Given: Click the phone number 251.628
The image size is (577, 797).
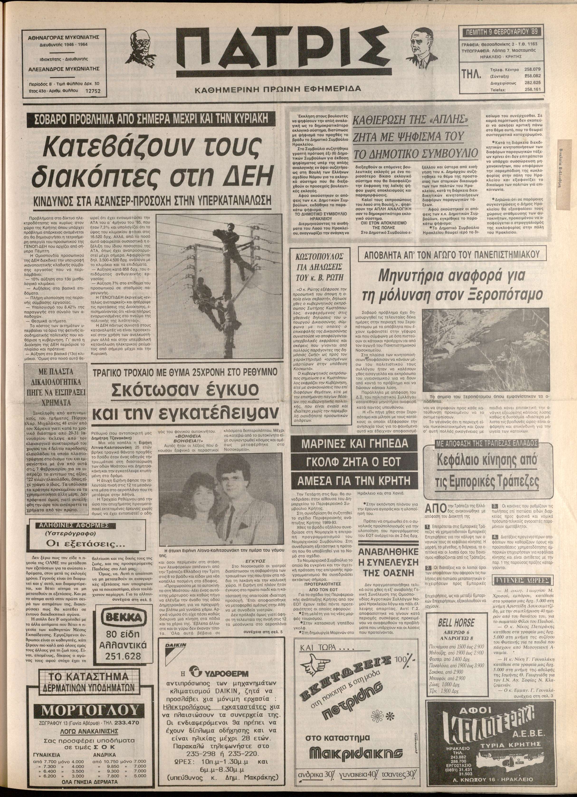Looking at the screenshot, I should point(121,656).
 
